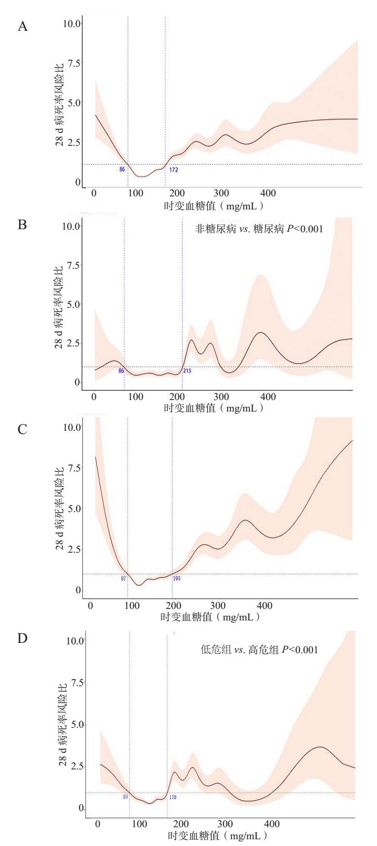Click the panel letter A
click(23, 27)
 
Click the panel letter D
click(23, 639)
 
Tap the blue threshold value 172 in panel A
click(173, 169)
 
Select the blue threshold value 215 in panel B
click(187, 371)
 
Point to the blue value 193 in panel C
click(177, 578)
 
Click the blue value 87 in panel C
click(123, 578)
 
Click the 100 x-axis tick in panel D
click(140, 824)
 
